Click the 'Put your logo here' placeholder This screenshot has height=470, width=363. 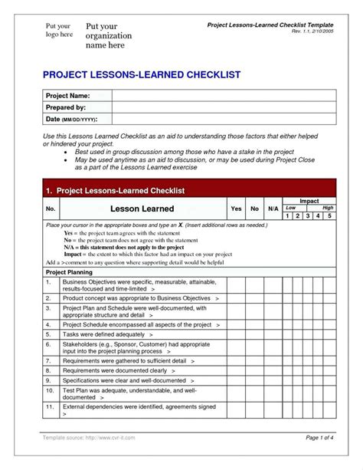pos(56,31)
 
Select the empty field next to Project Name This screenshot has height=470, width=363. pos(221,96)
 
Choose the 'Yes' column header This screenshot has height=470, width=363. pos(236,209)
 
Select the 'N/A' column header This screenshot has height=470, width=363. pos(273,209)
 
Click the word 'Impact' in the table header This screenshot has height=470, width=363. pos(309,200)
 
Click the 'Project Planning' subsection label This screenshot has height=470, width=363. pos(70,272)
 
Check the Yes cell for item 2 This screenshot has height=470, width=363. pos(236,297)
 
